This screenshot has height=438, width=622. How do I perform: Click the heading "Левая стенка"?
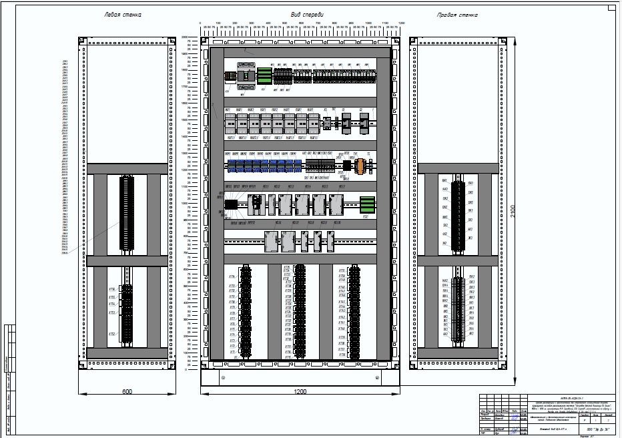(x=123, y=14)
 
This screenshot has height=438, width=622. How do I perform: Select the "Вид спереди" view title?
(x=306, y=14)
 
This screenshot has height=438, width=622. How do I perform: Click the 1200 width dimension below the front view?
(x=301, y=391)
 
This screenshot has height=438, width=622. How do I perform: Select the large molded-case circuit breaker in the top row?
(x=246, y=75)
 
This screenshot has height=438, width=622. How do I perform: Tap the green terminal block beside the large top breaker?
(x=264, y=75)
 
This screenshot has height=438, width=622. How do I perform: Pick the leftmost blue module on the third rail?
(x=232, y=166)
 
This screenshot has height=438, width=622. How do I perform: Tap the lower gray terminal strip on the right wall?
(x=457, y=308)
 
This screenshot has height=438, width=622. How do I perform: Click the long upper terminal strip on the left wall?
(x=124, y=214)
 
